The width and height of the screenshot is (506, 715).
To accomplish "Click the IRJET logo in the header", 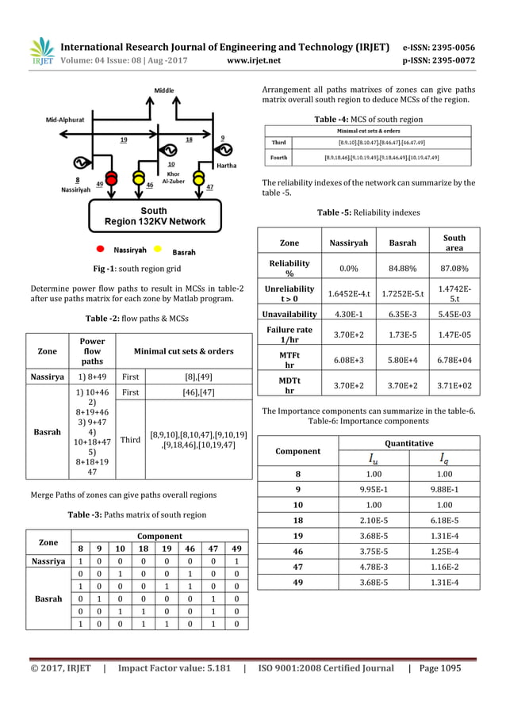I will [x=42, y=51].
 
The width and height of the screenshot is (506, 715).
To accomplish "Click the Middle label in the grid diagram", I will [x=164, y=90].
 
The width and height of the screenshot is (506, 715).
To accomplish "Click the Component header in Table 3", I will [x=159, y=536].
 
